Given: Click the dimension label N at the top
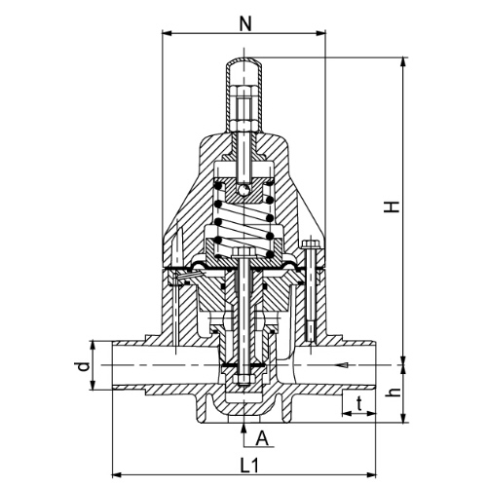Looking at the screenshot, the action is click(245, 23).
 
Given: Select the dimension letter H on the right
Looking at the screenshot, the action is click(392, 206).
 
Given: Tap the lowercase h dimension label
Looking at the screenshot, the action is click(393, 393).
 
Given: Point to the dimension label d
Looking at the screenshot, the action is click(84, 367).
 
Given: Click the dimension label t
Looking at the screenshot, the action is click(359, 404).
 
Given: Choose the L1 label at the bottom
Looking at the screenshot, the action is click(249, 466).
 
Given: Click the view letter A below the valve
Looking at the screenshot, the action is click(262, 439).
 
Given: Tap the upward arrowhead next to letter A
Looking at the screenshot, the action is click(243, 428).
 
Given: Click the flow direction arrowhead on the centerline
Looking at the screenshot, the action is click(343, 365).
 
